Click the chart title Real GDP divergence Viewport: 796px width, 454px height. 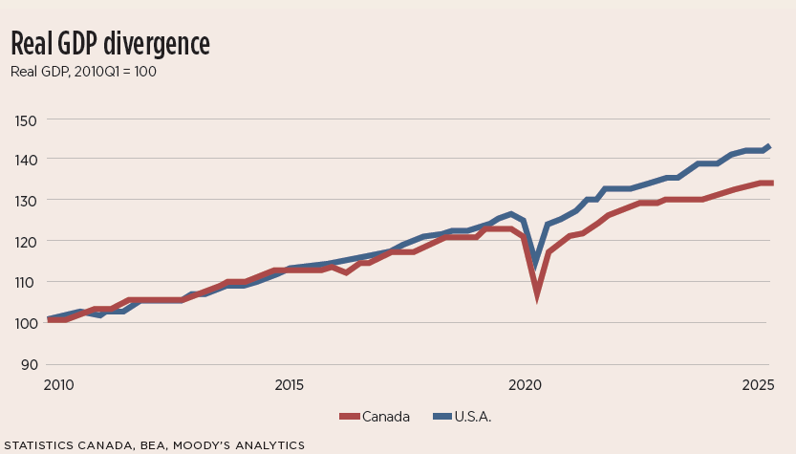[x=110, y=43]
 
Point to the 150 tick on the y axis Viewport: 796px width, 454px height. [x=27, y=119]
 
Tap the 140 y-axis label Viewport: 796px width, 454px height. [x=27, y=160]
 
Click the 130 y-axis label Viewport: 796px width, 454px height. [x=27, y=201]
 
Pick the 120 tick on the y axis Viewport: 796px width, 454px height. [x=27, y=242]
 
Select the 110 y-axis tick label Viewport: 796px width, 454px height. [x=27, y=283]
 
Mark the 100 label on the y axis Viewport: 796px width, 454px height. [x=27, y=323]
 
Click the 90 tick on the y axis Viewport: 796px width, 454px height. [x=29, y=364]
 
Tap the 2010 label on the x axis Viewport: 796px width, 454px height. [x=57, y=385]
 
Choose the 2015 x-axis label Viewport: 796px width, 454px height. [x=290, y=385]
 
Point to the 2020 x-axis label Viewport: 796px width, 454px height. [x=525, y=385]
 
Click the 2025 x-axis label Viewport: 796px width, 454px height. [x=758, y=385]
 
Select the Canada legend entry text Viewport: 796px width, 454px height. [x=386, y=417]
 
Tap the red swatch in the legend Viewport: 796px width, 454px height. [x=349, y=417]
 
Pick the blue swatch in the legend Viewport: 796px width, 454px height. [x=442, y=417]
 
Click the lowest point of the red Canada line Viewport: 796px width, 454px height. [x=537, y=295]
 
